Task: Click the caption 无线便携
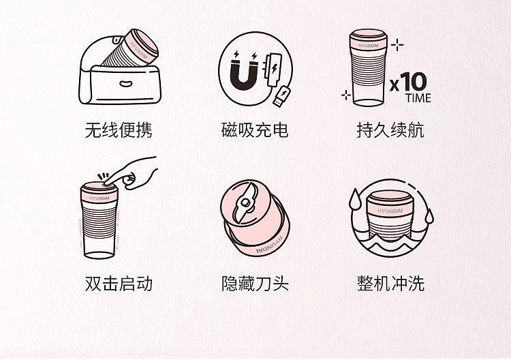pyautogui.click(x=119, y=130)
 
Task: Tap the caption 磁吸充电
pyautogui.click(x=255, y=130)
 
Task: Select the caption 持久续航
pyautogui.click(x=390, y=130)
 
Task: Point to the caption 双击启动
pyautogui.click(x=119, y=284)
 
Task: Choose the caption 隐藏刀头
pyautogui.click(x=255, y=284)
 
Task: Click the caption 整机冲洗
pyautogui.click(x=390, y=284)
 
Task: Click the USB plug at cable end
pyautogui.click(x=281, y=96)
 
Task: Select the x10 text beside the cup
pyautogui.click(x=408, y=82)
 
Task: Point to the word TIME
pyautogui.click(x=418, y=97)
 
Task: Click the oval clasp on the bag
pyautogui.click(x=125, y=84)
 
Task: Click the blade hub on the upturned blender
pyautogui.click(x=245, y=202)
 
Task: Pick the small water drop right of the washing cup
pyautogui.click(x=430, y=215)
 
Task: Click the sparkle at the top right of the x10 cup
pyautogui.click(x=397, y=45)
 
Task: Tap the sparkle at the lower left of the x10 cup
pyautogui.click(x=346, y=95)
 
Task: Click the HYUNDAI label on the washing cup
pyautogui.click(x=390, y=211)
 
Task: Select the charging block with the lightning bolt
pyautogui.click(x=274, y=69)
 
